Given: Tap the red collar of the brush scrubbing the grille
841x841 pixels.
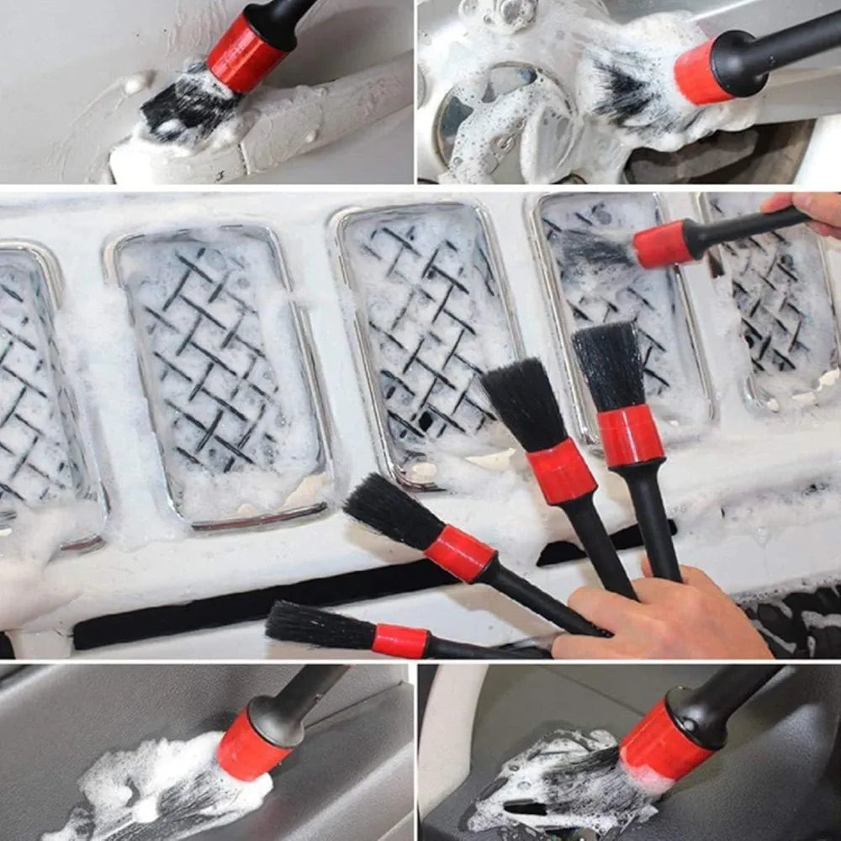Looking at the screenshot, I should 663,244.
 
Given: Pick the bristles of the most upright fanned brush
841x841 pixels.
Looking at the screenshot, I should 609,366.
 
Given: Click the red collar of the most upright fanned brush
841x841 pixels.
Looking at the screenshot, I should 630,435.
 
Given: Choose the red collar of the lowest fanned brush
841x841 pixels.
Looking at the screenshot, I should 400,641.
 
